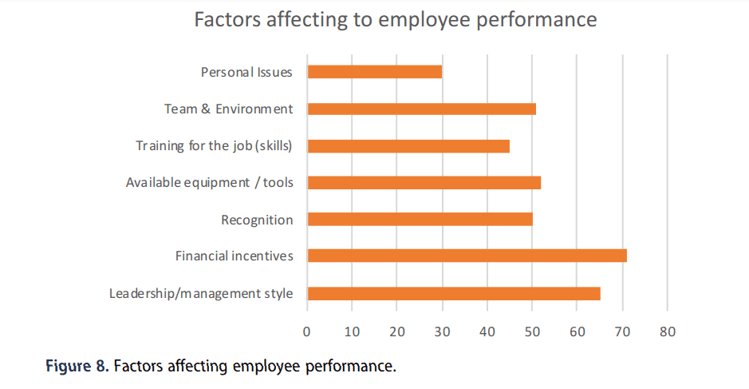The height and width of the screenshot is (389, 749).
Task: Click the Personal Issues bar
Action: pos(374,72)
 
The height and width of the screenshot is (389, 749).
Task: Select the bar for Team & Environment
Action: pos(421,109)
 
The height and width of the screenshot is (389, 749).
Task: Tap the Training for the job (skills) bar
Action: pos(408,146)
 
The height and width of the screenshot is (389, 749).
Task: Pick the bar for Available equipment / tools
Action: pos(424,183)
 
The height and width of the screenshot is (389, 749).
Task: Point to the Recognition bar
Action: pos(420,220)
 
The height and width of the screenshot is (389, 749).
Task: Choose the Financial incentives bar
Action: pos(467,256)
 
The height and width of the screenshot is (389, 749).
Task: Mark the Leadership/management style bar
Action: pos(453,293)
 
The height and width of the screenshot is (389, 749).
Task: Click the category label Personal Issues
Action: pos(246,72)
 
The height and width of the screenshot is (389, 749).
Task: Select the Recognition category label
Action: pos(257,220)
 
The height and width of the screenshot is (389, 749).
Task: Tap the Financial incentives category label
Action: pos(235,256)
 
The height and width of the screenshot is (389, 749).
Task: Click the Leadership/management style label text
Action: pos(201,293)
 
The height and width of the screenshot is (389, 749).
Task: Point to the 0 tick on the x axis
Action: pos(307,331)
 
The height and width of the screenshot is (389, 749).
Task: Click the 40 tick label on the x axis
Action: pos(487,331)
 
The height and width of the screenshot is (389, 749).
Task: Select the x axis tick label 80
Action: pos(668,331)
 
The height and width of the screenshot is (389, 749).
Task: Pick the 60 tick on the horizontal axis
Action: pos(578,331)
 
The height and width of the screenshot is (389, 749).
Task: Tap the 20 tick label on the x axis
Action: pos(397,331)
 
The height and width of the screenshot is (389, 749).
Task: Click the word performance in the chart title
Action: pos(534,19)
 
